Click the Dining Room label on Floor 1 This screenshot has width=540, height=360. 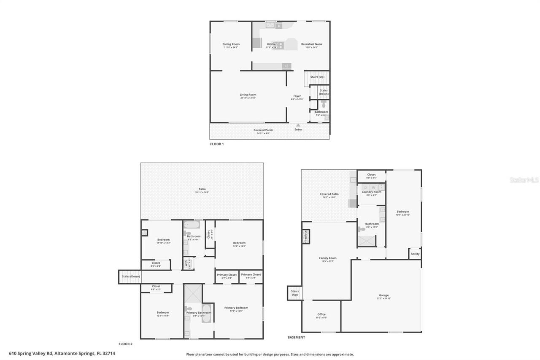(x=231, y=44)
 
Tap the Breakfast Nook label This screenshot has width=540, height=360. (x=311, y=44)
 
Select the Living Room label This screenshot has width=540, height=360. (x=248, y=95)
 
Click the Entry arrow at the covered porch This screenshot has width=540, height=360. (x=298, y=125)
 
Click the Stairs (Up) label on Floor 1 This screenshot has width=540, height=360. (x=317, y=77)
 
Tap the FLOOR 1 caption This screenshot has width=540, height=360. (x=217, y=144)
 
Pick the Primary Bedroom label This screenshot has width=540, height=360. (x=236, y=308)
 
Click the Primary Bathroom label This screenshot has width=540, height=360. (x=195, y=313)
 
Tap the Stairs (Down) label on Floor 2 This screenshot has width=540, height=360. (x=130, y=277)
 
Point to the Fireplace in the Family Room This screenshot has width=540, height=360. (x=305, y=237)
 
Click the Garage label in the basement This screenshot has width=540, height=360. (x=383, y=295)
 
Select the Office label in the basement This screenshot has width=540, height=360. (x=321, y=314)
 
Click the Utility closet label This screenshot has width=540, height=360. (x=415, y=254)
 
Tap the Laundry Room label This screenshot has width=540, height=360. (x=371, y=192)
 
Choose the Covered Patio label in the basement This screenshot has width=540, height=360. (x=329, y=194)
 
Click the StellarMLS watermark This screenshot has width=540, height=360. (x=524, y=180)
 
